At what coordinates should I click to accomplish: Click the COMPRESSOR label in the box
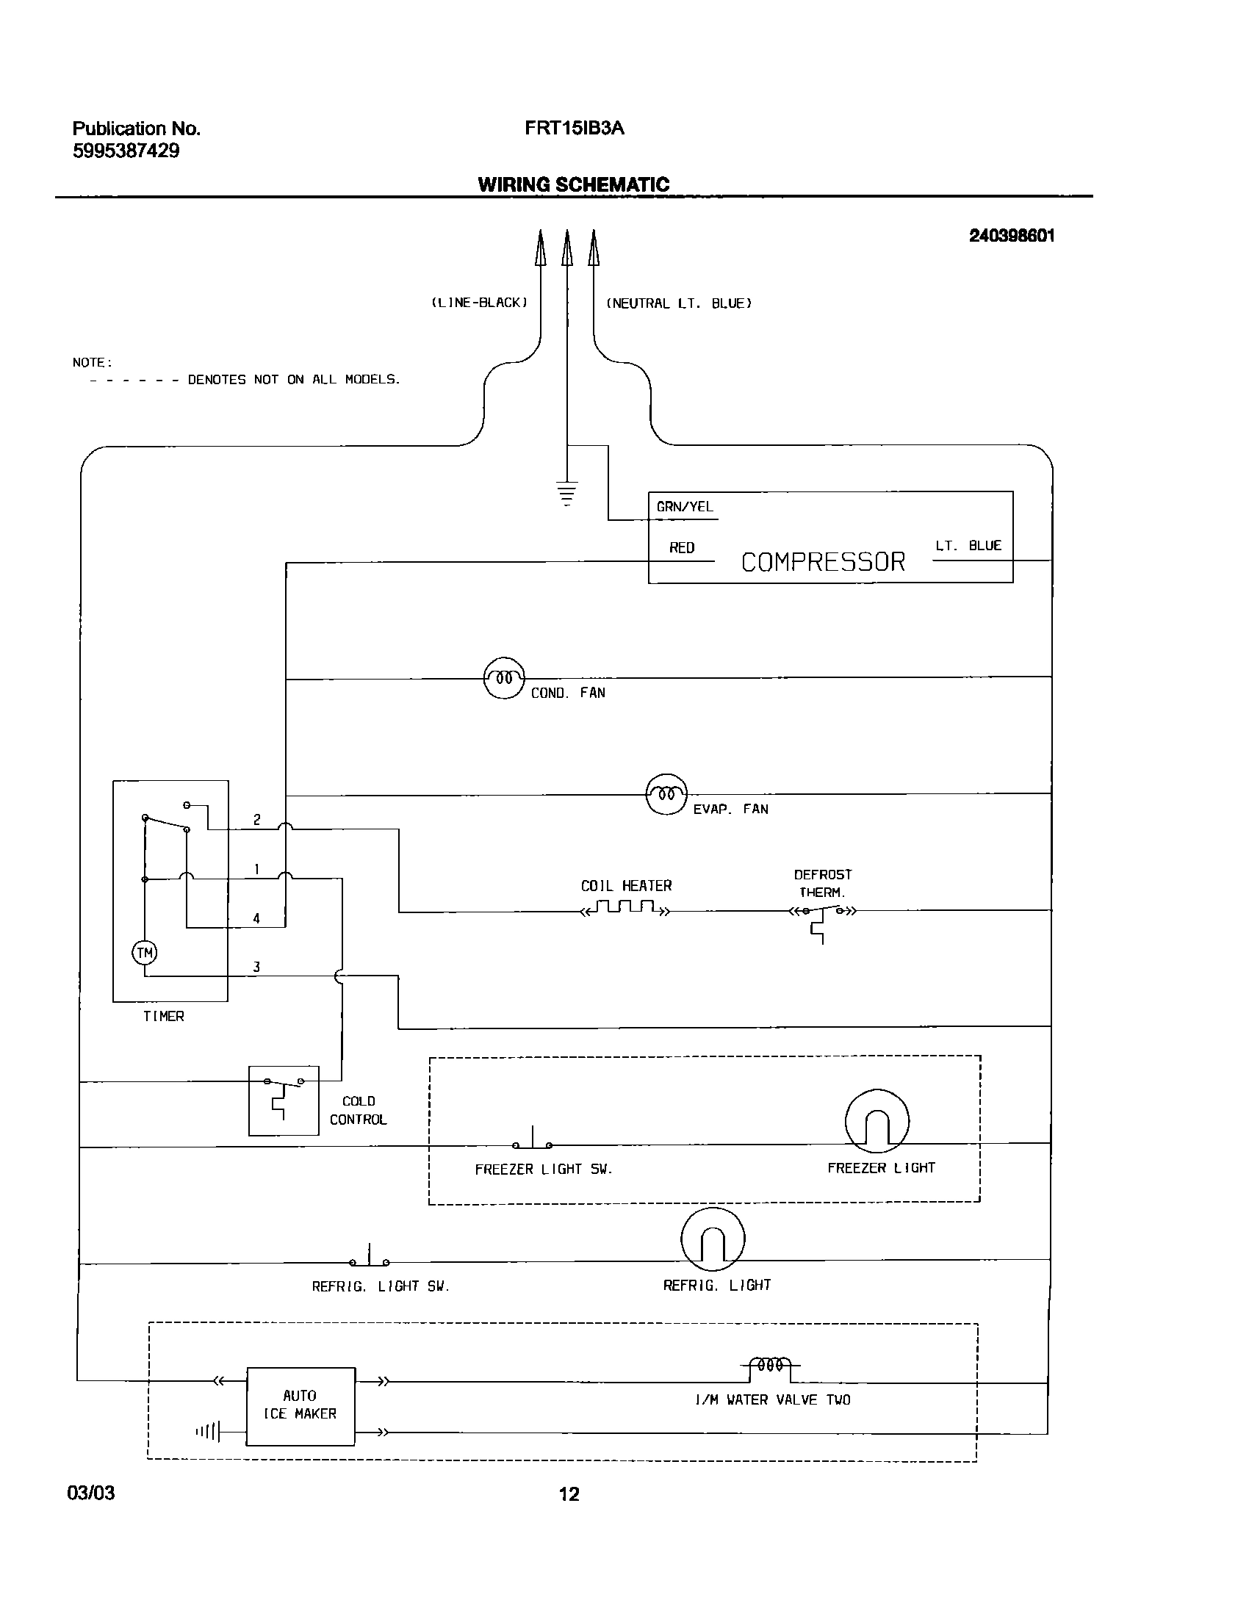[823, 562]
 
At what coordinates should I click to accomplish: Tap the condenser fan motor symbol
[504, 677]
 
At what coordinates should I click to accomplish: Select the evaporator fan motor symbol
[666, 793]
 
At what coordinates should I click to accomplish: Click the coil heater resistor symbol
[625, 908]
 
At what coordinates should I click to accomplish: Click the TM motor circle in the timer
[145, 954]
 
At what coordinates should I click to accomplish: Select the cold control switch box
[284, 1100]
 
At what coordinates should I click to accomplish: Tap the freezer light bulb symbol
[877, 1121]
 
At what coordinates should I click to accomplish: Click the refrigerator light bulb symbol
[713, 1239]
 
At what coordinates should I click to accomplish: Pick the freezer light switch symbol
[532, 1141]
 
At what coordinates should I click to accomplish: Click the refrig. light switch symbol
[369, 1258]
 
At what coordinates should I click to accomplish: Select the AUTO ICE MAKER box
[300, 1406]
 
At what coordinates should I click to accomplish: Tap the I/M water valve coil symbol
[769, 1365]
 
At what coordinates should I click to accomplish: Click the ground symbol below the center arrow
[566, 493]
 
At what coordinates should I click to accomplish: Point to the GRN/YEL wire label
[685, 507]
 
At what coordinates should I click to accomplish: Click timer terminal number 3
[256, 967]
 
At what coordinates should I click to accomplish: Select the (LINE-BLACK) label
[479, 303]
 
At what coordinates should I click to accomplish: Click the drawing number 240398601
[1012, 236]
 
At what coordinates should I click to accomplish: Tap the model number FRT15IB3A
[574, 129]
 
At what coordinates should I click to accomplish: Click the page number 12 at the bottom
[569, 1493]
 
